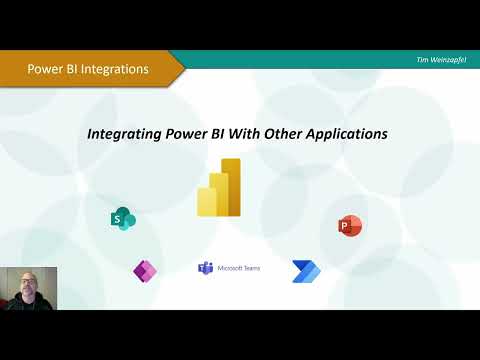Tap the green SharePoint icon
pyautogui.click(x=122, y=219)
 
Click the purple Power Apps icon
pyautogui.click(x=145, y=270)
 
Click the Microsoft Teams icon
pyautogui.click(x=206, y=268)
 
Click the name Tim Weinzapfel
pyautogui.click(x=441, y=60)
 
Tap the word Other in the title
pyautogui.click(x=279, y=133)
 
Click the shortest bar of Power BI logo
pyautogui.click(x=207, y=203)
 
